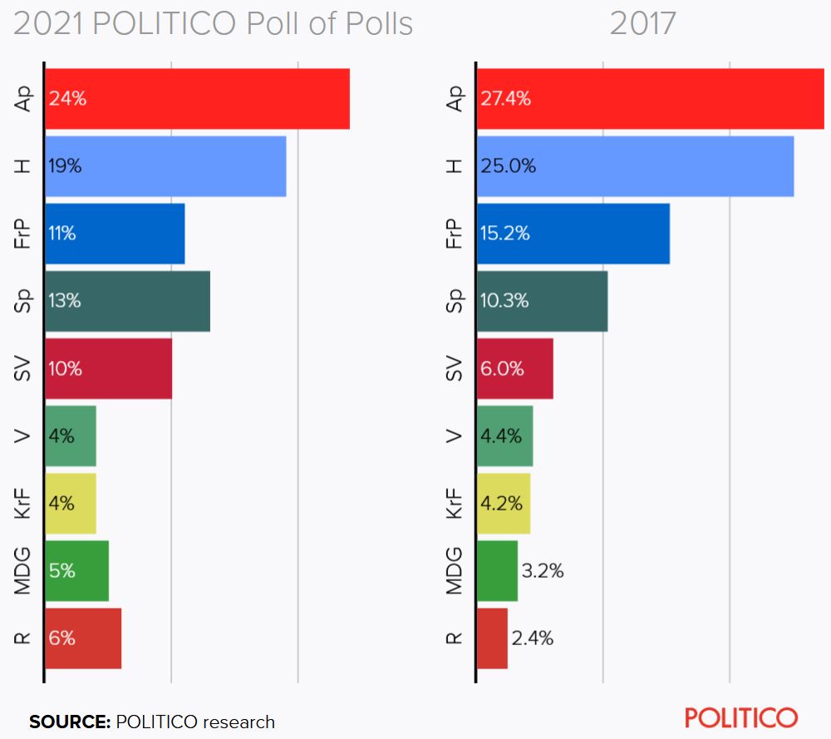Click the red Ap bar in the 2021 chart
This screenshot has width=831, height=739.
pyautogui.click(x=197, y=99)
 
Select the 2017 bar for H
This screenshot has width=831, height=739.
pyautogui.click(x=635, y=166)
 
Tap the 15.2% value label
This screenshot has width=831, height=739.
pyautogui.click(x=505, y=234)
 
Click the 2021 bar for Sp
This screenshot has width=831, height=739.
pyautogui.click(x=127, y=301)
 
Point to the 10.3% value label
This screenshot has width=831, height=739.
pyautogui.click(x=505, y=301)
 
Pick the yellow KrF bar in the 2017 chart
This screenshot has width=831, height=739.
pyautogui.click(x=504, y=504)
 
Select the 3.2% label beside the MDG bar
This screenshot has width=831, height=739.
pyautogui.click(x=543, y=571)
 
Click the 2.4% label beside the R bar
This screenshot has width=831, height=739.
pyautogui.click(x=533, y=638)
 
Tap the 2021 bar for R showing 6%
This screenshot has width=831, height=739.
pyautogui.click(x=83, y=638)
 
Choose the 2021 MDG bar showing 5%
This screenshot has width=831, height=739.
pyautogui.click(x=76, y=571)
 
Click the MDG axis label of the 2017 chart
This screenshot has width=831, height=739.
pyautogui.click(x=454, y=571)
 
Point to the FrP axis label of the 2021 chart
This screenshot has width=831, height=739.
pyautogui.click(x=22, y=234)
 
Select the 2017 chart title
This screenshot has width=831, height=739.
pyautogui.click(x=642, y=24)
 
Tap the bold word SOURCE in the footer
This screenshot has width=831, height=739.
pyautogui.click(x=70, y=722)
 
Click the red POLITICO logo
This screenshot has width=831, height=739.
pyautogui.click(x=741, y=717)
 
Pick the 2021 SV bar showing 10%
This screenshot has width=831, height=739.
pyautogui.click(x=108, y=368)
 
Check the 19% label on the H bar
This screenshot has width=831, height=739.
pyautogui.click(x=66, y=166)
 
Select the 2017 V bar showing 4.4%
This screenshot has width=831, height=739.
pyautogui.click(x=504, y=436)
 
